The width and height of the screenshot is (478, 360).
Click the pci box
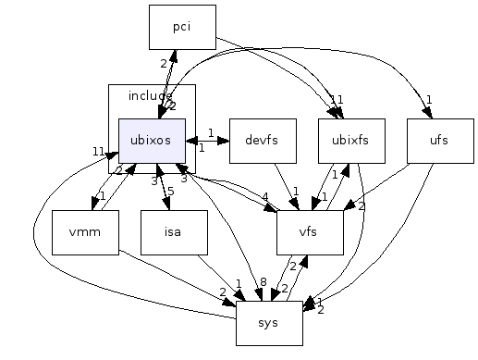[x=182, y=27]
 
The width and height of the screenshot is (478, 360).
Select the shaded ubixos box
[x=152, y=141]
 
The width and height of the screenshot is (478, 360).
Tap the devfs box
[x=263, y=141]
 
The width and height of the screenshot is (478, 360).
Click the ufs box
[x=440, y=141]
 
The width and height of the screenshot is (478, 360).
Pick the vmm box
[x=85, y=232]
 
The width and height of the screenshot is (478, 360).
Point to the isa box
[x=174, y=232]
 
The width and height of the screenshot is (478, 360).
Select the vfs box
[x=310, y=232]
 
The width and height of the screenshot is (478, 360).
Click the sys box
[x=269, y=323]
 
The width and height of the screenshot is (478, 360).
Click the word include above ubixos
[x=150, y=95]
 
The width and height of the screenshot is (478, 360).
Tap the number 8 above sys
[x=263, y=281]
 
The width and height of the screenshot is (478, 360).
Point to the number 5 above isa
[x=170, y=192]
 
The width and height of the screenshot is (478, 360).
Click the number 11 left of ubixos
[x=98, y=152]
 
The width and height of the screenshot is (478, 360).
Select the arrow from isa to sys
[x=222, y=278]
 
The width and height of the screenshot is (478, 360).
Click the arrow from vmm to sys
[x=176, y=276]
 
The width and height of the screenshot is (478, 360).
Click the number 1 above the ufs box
[x=429, y=100]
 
